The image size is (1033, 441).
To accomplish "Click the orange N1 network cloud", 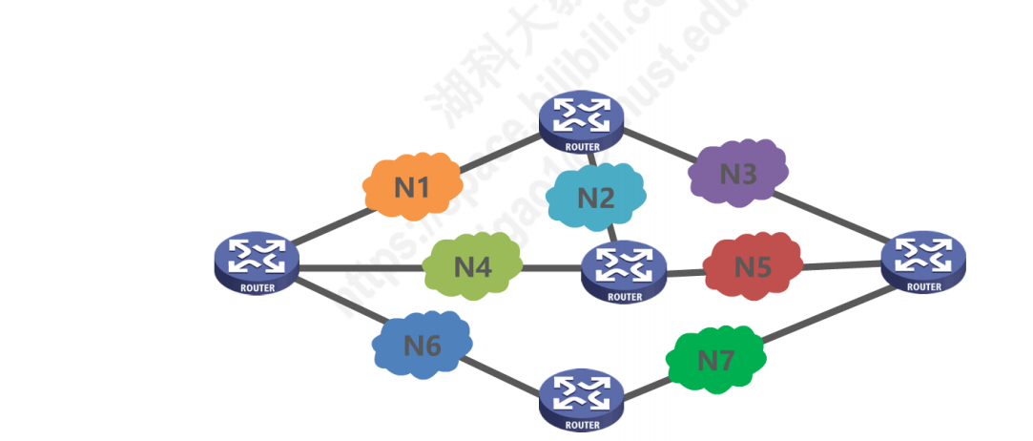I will [411, 185].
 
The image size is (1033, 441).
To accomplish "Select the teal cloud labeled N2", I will [595, 198].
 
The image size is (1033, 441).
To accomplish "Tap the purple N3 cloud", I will [737, 174].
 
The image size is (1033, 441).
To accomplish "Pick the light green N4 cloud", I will [473, 265].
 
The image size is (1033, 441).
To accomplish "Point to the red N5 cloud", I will [753, 265].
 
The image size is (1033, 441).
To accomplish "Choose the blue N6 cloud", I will [423, 345].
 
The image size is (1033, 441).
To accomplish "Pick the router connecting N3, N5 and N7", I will [923, 260].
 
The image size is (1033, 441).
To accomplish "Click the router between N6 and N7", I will [582, 399].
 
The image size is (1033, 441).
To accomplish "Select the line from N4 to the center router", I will [552, 268].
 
